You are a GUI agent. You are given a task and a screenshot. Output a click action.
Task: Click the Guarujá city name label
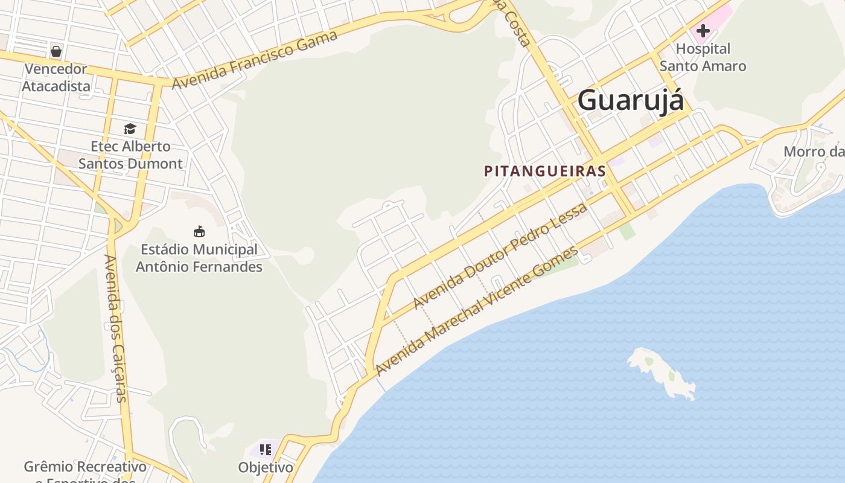[631, 100]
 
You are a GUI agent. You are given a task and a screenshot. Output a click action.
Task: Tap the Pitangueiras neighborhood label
[544, 171]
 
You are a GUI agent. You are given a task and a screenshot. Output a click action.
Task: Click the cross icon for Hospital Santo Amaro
[703, 30]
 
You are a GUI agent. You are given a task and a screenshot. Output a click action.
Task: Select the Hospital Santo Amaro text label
[703, 57]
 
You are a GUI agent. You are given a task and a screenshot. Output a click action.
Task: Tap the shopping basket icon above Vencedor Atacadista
[56, 51]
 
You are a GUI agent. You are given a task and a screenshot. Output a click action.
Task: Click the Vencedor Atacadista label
[56, 77]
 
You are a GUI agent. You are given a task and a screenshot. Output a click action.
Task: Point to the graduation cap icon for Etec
[130, 129]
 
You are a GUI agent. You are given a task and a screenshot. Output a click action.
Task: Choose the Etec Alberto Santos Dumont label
[130, 155]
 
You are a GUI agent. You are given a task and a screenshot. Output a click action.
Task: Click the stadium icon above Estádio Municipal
[199, 231]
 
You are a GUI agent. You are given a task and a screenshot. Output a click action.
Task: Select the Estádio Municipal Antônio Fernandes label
[199, 258]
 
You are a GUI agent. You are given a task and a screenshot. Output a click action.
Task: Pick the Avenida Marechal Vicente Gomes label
[477, 310]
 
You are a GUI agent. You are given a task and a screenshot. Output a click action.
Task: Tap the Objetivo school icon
[266, 450]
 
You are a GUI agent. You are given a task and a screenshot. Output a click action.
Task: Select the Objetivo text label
[266, 467]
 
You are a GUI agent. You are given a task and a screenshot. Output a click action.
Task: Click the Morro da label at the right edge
[814, 152]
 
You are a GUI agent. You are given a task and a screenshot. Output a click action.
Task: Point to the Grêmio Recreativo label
[85, 467]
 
